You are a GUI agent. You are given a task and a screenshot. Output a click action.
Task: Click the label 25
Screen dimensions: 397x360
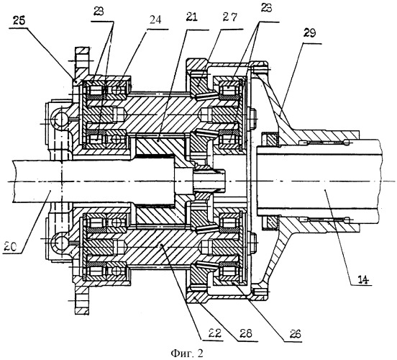19,21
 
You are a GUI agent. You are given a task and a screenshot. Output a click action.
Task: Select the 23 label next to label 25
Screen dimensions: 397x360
99,12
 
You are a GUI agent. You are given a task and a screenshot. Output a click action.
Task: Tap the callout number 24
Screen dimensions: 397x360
155,19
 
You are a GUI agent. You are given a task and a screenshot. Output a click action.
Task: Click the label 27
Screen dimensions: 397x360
230,17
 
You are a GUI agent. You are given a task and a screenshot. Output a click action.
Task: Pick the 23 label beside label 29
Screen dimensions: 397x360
266,8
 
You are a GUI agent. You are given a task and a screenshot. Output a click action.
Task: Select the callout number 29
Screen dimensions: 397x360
309,33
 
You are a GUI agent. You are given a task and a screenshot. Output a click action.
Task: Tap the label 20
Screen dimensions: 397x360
10,246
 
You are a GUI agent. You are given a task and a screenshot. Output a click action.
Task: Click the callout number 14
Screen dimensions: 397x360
363,279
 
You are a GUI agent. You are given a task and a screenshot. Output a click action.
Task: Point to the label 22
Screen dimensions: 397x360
215,333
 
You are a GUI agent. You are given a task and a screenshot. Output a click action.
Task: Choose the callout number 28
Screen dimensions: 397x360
246,333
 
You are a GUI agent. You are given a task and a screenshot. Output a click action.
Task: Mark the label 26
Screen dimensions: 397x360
295,334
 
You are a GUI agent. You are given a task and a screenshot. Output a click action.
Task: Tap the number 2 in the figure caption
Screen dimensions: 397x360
200,353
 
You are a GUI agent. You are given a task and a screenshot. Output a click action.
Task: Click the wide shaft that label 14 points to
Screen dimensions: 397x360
319,181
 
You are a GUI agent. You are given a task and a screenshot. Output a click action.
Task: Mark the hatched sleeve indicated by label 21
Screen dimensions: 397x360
157,145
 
